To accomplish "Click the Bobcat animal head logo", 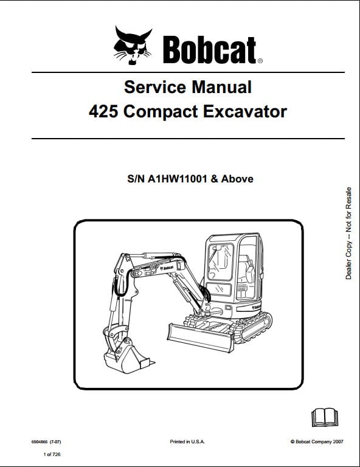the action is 133,45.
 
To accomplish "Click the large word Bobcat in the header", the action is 209,50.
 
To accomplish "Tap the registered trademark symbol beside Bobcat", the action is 260,61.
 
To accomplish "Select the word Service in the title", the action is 155,87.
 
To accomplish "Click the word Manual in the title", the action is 221,87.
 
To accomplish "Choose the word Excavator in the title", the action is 245,112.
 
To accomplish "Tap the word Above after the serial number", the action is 237,179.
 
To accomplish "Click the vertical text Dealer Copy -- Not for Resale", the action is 348,233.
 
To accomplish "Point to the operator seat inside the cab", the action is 246,269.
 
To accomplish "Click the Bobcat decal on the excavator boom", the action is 167,268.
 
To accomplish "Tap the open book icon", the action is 325,417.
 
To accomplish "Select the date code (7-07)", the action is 55,441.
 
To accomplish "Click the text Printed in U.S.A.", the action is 187,441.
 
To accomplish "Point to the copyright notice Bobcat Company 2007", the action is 317,441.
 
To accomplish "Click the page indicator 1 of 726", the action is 52,454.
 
